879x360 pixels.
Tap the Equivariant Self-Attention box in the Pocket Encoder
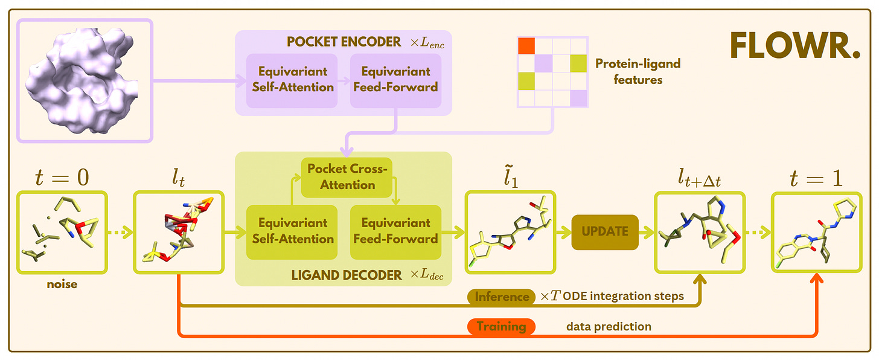tap(292, 79)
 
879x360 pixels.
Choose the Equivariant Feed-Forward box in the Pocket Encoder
tap(395, 79)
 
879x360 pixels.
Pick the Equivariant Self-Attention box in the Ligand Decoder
tap(292, 231)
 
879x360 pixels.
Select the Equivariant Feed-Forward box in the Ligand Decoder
tap(395, 231)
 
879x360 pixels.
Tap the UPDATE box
tap(605, 231)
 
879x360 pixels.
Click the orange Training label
tap(501, 327)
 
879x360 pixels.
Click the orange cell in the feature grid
tap(526, 46)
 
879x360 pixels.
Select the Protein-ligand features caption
tap(638, 71)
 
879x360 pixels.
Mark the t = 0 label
tap(63, 177)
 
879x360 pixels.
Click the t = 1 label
tap(817, 177)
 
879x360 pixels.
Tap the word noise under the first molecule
tap(63, 284)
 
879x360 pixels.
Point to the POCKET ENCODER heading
tap(344, 42)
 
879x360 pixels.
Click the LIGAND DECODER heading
tap(347, 275)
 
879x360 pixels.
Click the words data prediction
tap(609, 327)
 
